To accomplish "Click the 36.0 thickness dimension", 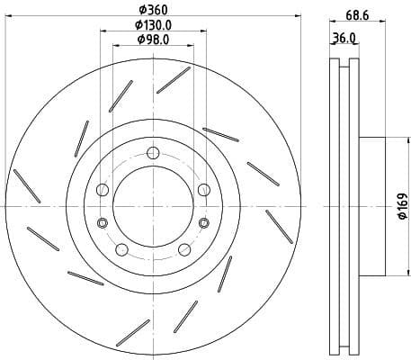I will (344, 38).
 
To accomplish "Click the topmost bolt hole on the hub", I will (154, 150).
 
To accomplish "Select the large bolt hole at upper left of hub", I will (103, 189).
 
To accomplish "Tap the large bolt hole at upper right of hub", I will (204, 188).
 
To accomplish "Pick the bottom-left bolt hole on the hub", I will (122, 249).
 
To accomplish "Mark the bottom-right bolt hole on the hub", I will (184, 249).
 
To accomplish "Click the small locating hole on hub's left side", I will (103, 223).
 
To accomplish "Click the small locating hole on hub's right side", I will (204, 223).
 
